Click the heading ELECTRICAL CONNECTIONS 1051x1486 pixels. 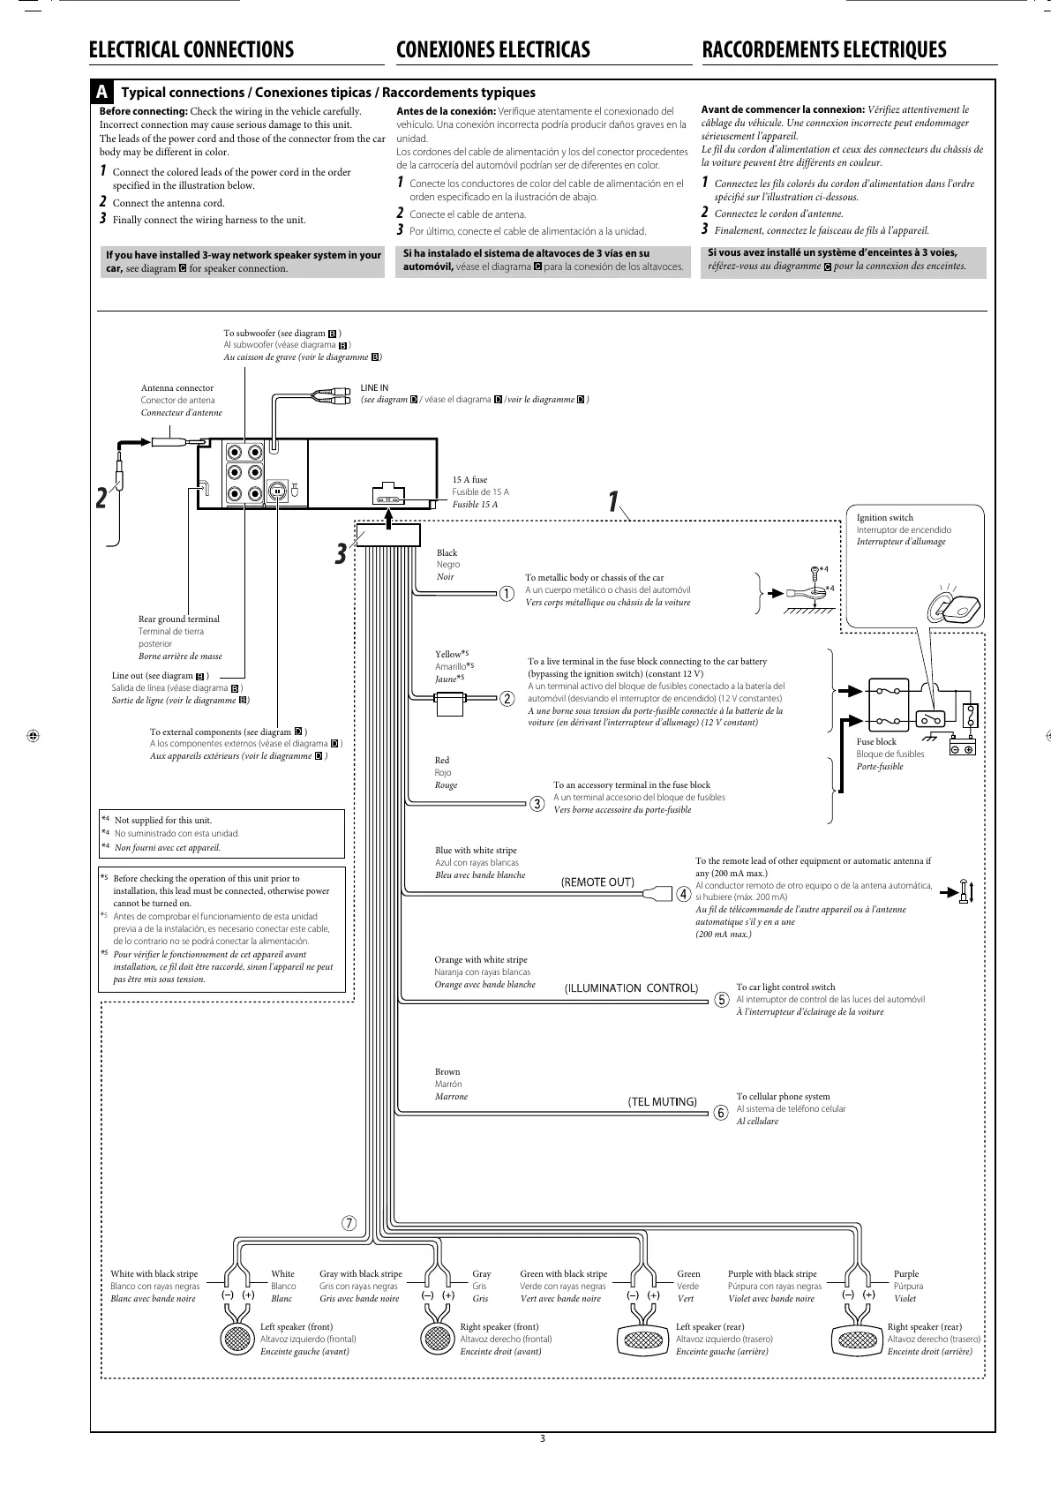(x=191, y=49)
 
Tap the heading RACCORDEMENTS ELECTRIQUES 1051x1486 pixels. (x=823, y=49)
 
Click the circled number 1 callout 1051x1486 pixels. (x=507, y=594)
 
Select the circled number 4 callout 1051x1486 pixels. (x=684, y=892)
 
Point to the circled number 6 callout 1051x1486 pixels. (x=720, y=1113)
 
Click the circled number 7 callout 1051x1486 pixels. (x=349, y=1223)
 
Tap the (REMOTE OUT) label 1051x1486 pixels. (x=597, y=882)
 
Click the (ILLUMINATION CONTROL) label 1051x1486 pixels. (x=631, y=987)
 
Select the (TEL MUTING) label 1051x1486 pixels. (x=662, y=1101)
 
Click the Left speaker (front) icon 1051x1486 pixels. (x=236, y=1340)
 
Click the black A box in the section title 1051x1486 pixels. (x=103, y=93)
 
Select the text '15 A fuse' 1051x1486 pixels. (x=469, y=480)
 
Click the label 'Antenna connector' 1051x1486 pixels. (x=177, y=387)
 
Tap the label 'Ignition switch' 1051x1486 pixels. (x=885, y=518)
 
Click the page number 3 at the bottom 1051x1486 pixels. (x=543, y=1439)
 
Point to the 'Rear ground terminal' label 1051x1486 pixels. (x=179, y=619)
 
